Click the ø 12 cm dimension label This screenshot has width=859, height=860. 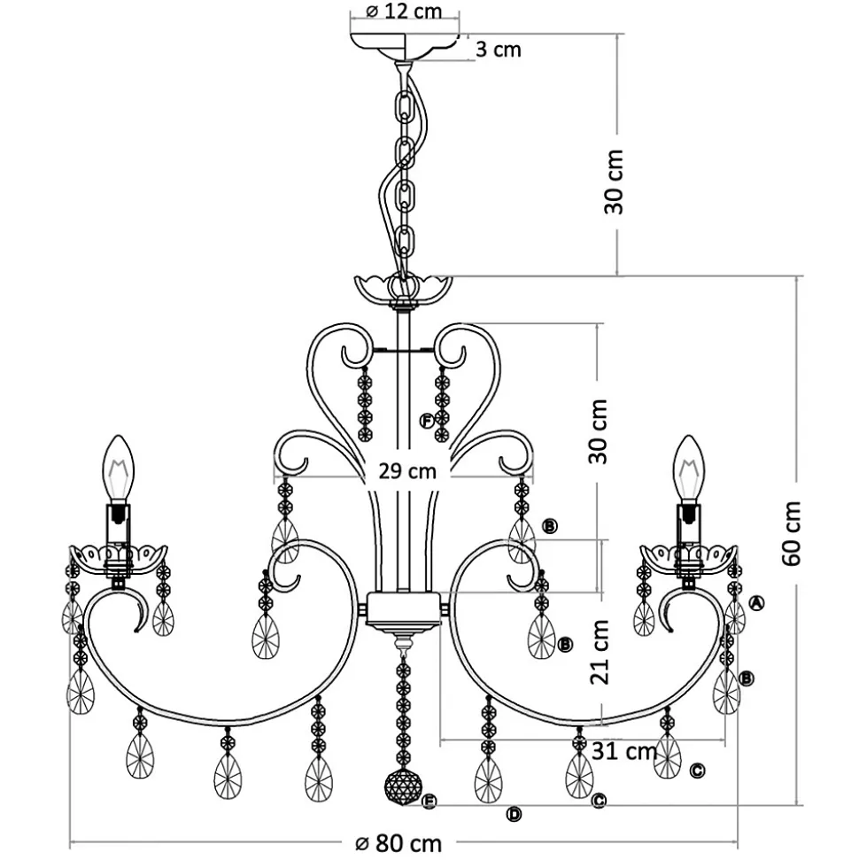[403, 12]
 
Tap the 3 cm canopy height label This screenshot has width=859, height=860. [499, 50]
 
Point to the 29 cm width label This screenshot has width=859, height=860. [407, 471]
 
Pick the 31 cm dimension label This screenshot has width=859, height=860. [623, 752]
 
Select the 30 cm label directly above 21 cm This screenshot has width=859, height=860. [599, 431]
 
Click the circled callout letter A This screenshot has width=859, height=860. [756, 603]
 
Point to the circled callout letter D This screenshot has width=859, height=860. [514, 814]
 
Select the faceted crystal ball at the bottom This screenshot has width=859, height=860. [403, 787]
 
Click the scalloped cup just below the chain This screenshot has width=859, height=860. [404, 289]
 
